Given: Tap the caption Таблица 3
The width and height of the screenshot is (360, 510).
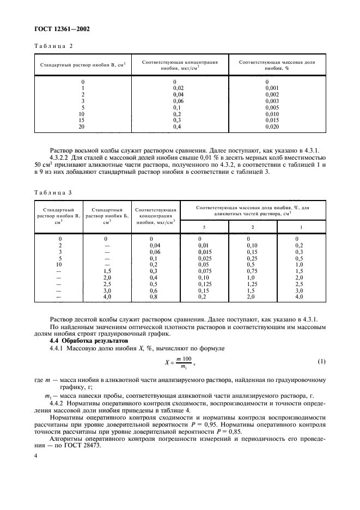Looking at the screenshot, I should [54, 192].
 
